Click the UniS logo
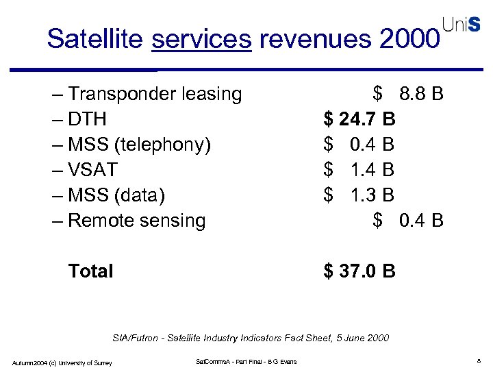coord(462,24)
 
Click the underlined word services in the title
coord(201,39)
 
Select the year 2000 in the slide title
coord(407,39)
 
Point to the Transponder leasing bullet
coord(155,94)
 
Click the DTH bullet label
coord(88,119)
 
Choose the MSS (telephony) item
coord(140,145)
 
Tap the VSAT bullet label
coord(93,170)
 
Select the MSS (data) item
coord(117,195)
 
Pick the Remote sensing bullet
coord(137,221)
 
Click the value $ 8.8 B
coord(408,94)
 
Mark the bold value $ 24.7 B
coord(359,119)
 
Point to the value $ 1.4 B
coord(359,170)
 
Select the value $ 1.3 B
coord(359,195)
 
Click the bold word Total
coord(90,271)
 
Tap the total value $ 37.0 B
coord(359,271)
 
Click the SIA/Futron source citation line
coord(250,338)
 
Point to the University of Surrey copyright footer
coord(62,362)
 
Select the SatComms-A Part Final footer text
coord(246,361)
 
